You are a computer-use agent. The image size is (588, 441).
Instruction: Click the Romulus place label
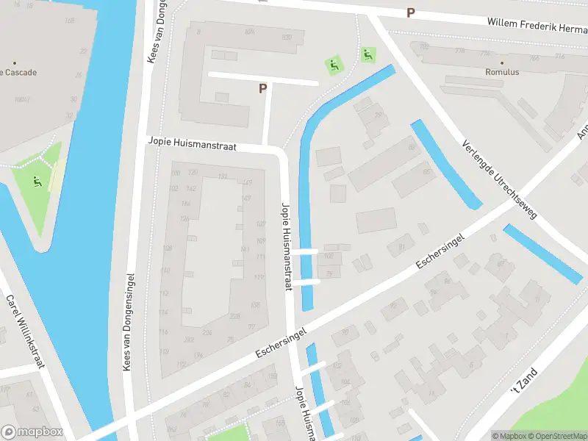point(502,73)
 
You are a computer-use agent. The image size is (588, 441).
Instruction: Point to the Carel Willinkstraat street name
point(26,331)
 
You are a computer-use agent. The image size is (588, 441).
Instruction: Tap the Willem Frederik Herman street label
point(537,24)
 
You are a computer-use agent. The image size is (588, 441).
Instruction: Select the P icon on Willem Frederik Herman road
point(411,12)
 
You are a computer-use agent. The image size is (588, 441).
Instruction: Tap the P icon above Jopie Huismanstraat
point(262,88)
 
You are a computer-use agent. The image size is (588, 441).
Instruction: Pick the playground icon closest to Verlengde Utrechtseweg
point(368,54)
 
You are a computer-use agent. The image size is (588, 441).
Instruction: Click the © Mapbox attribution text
point(510,435)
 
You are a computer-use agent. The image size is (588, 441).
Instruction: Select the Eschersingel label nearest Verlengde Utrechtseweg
point(441,252)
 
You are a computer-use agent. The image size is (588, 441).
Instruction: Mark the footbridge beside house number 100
point(309,251)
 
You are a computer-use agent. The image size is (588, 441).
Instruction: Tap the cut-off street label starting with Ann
point(582,131)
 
